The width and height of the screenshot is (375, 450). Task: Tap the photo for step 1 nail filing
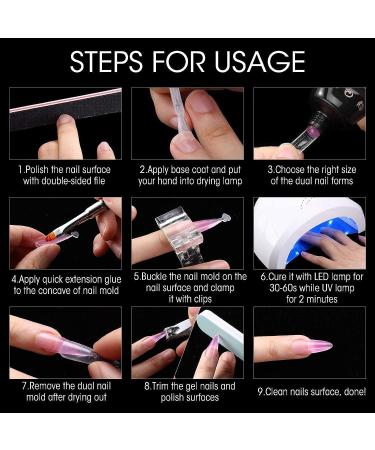pyautogui.click(x=66, y=123)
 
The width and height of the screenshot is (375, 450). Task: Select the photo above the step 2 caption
pyautogui.click(x=186, y=123)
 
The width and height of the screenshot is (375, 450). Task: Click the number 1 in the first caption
pyautogui.click(x=20, y=170)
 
